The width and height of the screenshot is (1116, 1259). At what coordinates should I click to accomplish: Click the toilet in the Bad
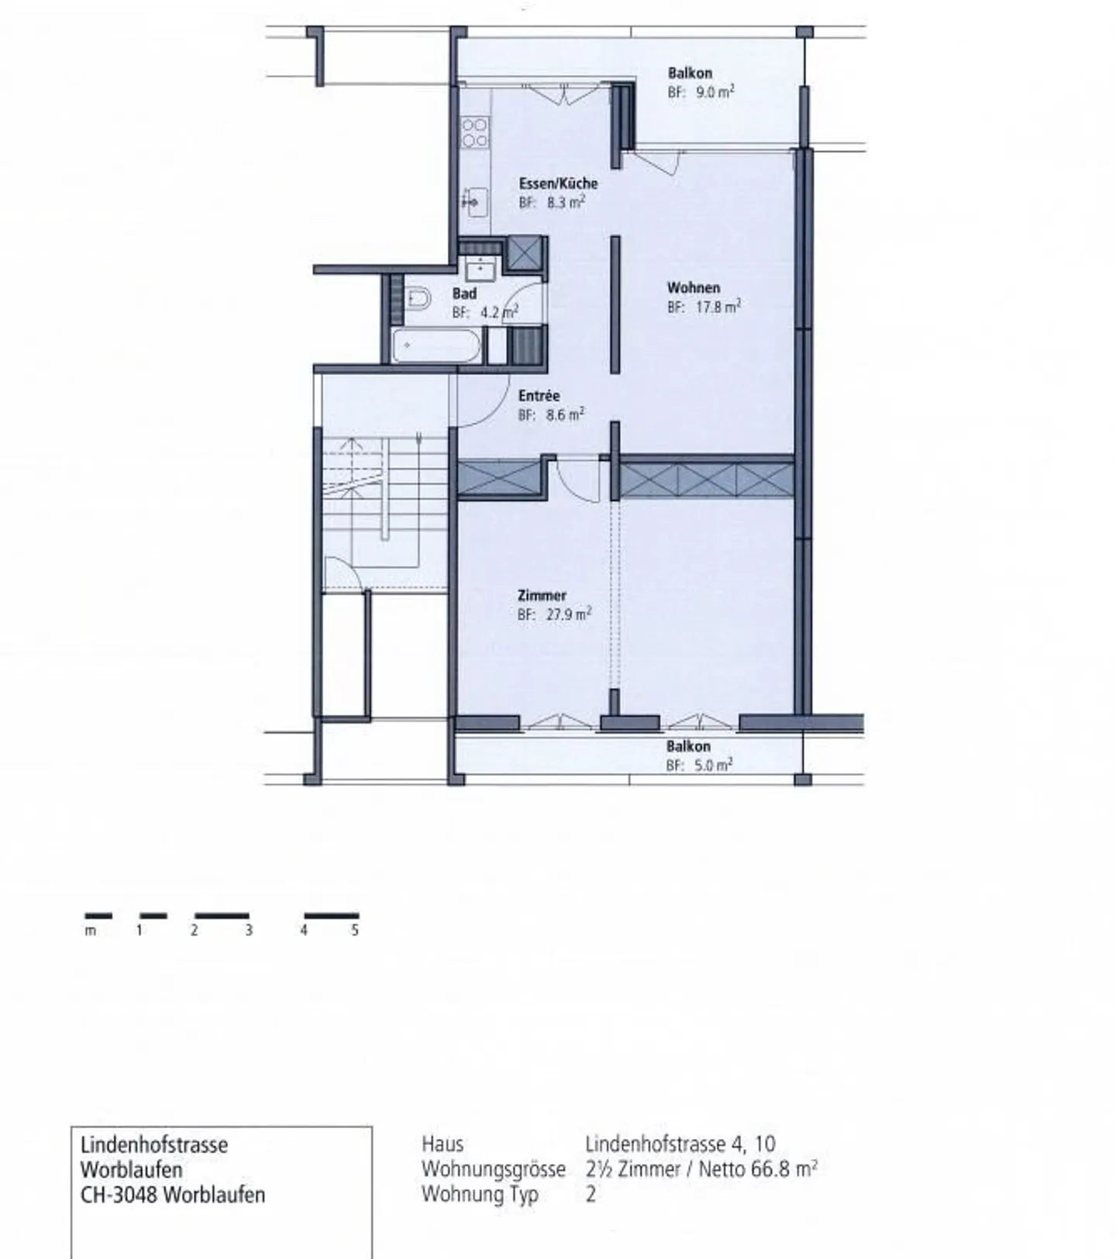pos(418,298)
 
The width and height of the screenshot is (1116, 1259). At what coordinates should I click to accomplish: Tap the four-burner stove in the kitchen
pos(474,132)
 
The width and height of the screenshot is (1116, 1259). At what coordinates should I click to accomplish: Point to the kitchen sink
pos(474,201)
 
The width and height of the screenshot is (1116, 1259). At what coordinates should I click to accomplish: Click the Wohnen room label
pos(694,287)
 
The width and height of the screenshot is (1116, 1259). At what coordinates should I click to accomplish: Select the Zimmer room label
pos(542,595)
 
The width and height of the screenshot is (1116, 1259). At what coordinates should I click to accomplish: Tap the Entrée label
pos(539,395)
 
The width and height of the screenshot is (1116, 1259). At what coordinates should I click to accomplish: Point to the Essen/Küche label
pos(558,184)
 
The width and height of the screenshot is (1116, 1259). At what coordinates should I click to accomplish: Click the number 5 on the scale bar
pos(355,930)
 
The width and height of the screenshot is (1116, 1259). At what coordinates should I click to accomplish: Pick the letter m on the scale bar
pos(91,931)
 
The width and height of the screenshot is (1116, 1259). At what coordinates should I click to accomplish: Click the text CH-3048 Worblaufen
pos(173,1195)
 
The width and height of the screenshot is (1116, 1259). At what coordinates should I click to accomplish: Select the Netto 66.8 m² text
pos(758,1169)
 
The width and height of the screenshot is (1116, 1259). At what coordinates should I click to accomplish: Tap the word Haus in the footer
pos(443,1144)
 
